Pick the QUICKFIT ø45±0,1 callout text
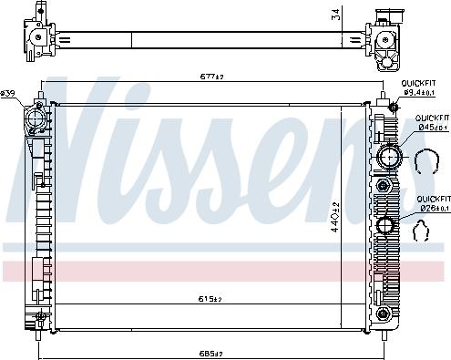click(x=433, y=123)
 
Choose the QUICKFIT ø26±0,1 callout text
click(x=433, y=203)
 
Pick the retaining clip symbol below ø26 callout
click(x=423, y=232)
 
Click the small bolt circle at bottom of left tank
click(x=41, y=318)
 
